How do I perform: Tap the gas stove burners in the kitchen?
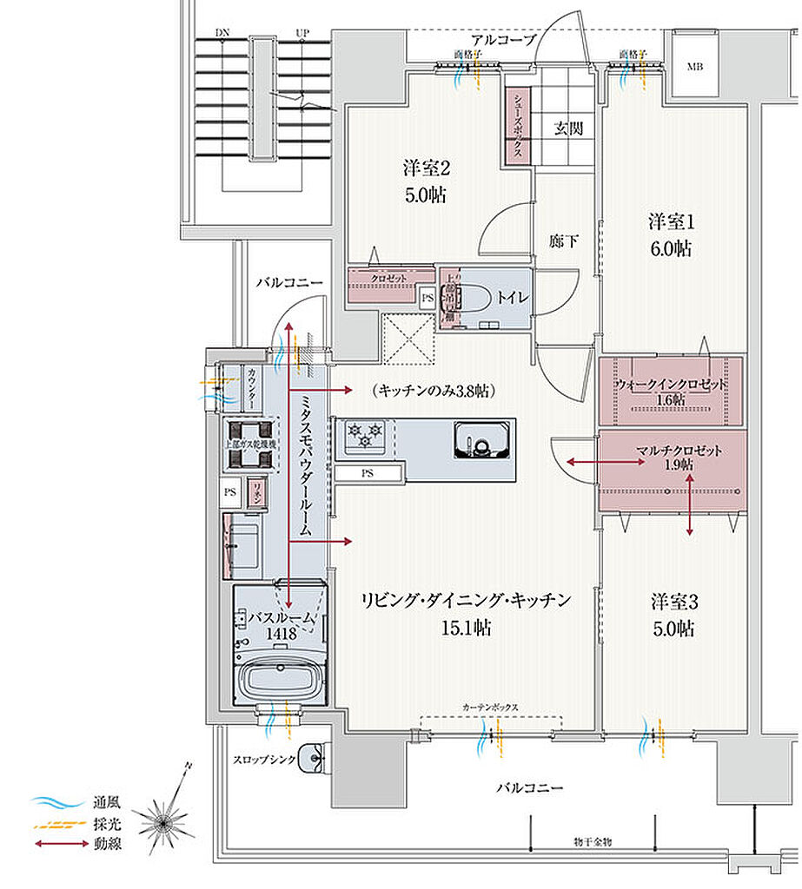365,432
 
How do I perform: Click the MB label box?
695,66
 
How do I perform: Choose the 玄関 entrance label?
568,128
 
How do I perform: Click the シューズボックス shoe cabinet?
517,127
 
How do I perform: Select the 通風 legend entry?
100,802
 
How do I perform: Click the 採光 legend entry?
100,822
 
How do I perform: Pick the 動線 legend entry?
100,841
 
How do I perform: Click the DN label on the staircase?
223,34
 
